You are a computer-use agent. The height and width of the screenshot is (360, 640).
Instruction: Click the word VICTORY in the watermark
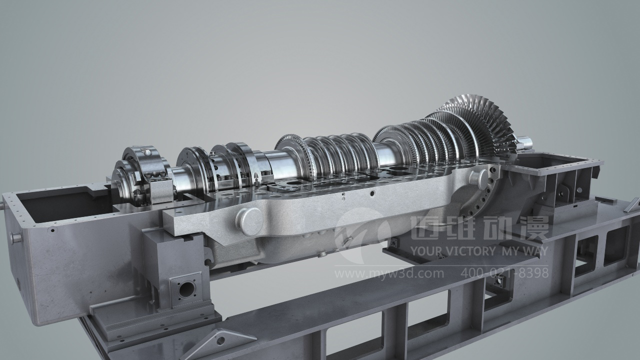(x=466, y=251)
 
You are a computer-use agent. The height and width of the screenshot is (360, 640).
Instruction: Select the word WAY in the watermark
(x=534, y=251)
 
